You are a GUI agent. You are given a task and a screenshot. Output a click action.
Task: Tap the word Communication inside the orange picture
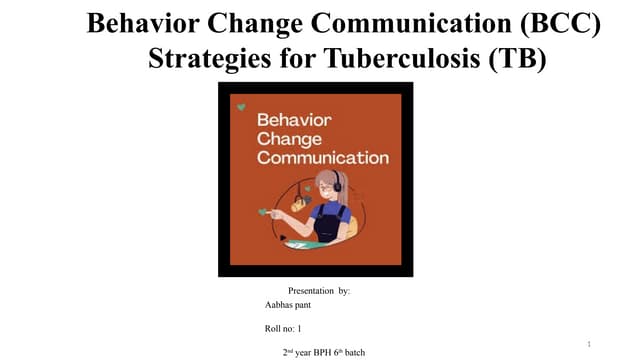(322, 157)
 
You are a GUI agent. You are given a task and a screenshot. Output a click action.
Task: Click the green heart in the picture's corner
(240, 106)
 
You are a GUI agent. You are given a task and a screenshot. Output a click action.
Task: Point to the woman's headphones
(338, 184)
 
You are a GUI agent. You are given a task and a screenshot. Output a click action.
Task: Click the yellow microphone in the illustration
(297, 205)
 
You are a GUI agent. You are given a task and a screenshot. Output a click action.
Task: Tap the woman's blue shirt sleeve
(343, 213)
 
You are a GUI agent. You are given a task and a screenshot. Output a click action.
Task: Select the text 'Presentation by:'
(318, 291)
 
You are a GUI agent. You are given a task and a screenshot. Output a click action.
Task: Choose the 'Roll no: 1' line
(283, 328)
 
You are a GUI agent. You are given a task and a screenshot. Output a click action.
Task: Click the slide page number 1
(590, 345)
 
